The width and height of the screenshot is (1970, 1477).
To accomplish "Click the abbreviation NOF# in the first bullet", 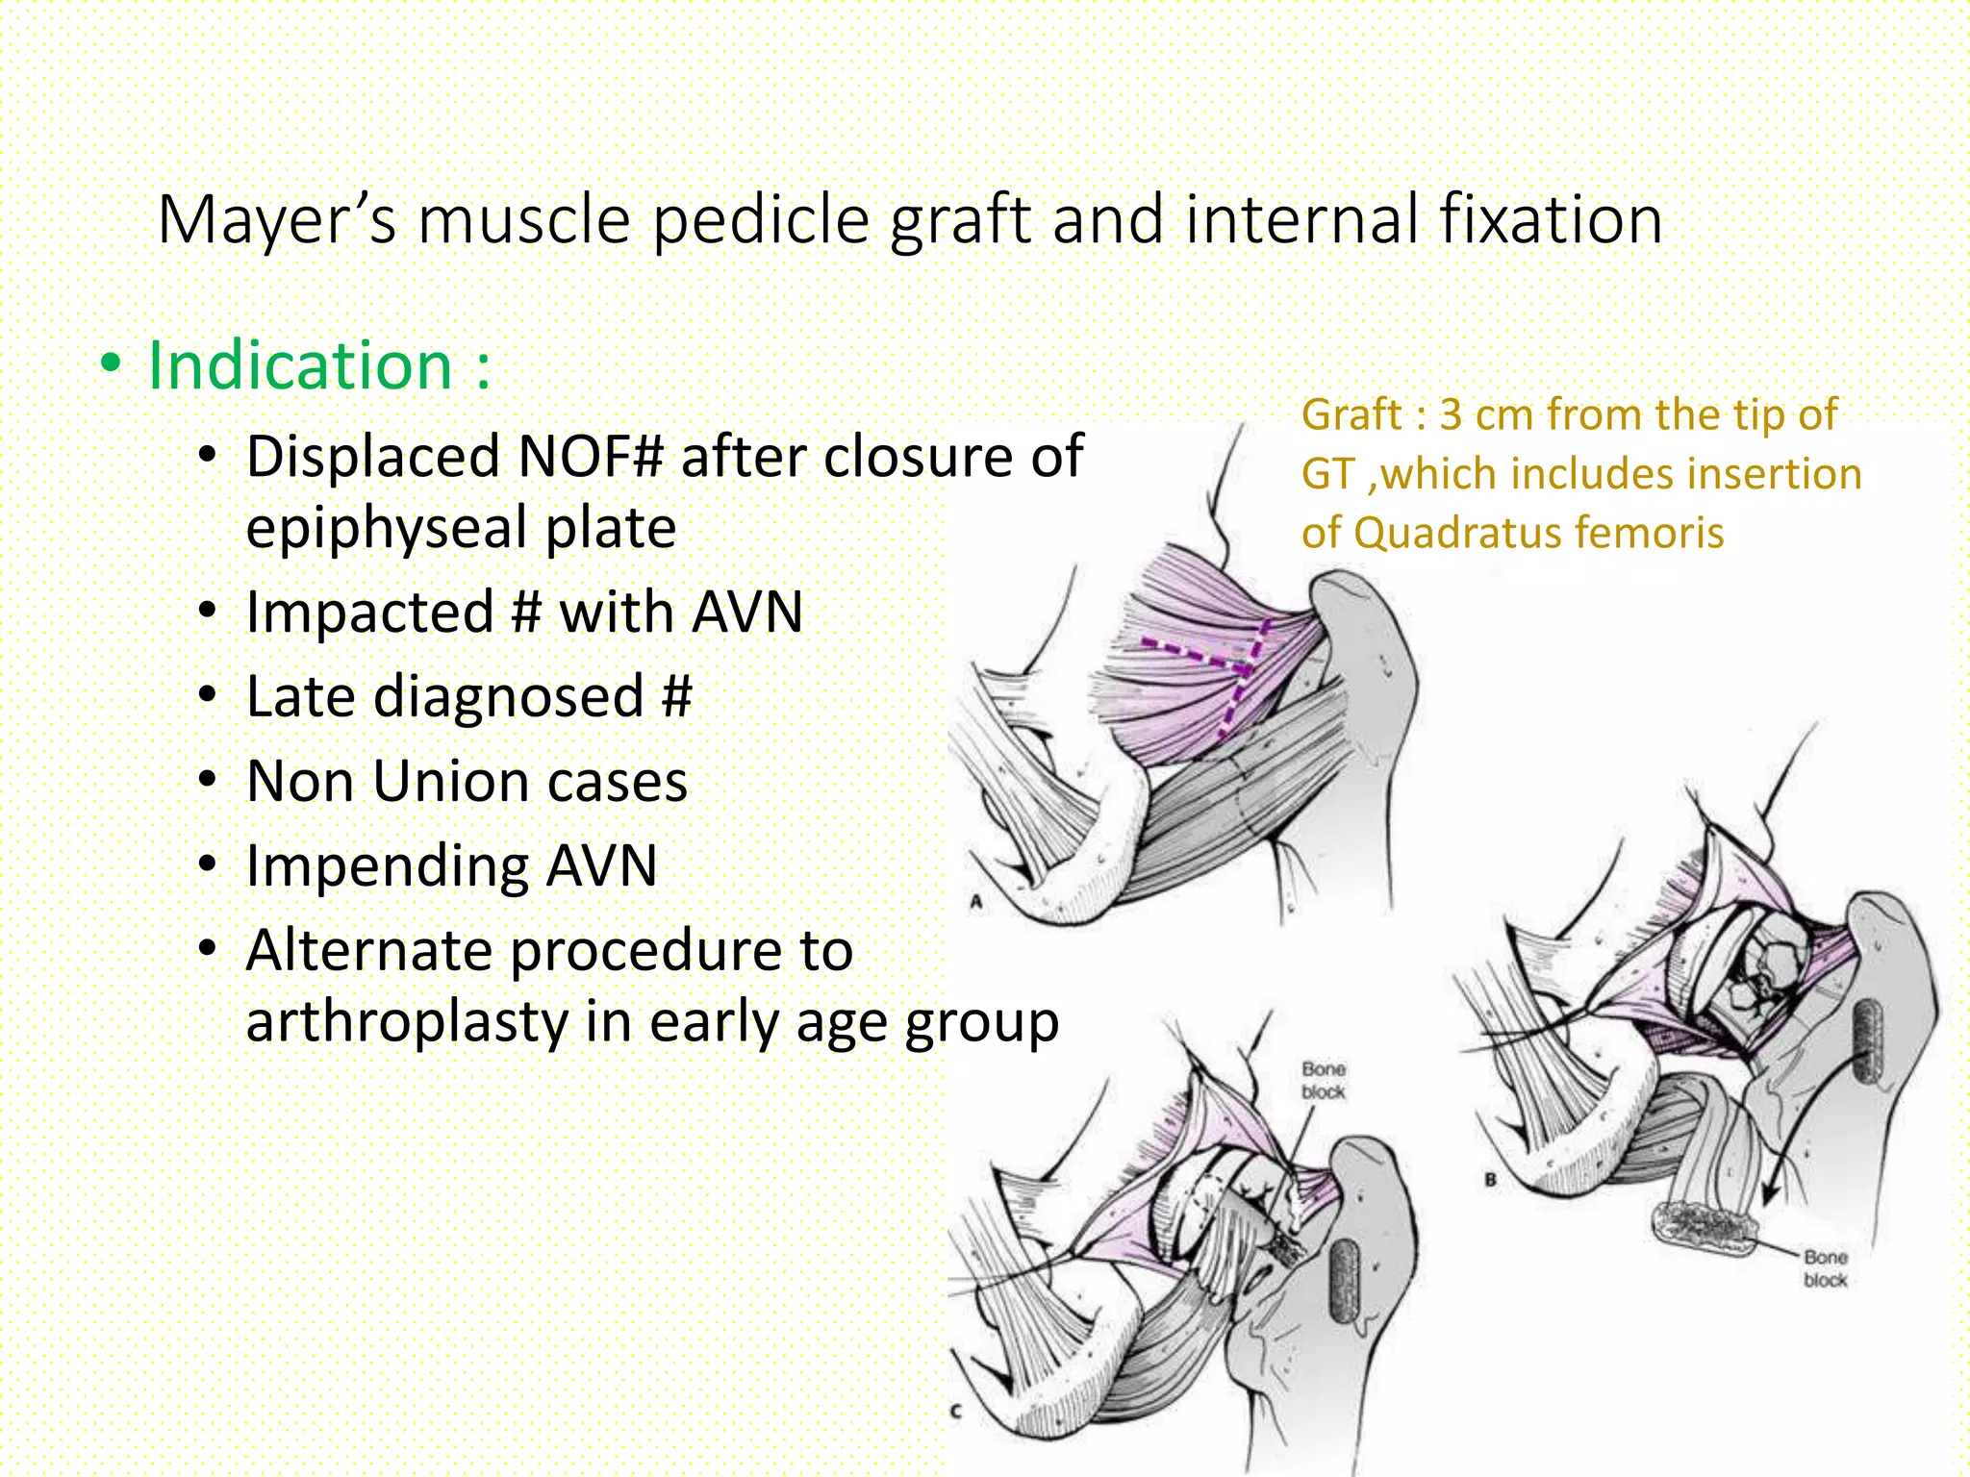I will (x=590, y=456).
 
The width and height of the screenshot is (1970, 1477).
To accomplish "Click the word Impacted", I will (x=368, y=613).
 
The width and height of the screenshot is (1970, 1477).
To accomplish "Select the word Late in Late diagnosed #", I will (x=301, y=696).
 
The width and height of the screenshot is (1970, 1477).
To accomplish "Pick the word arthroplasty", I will (x=406, y=1022).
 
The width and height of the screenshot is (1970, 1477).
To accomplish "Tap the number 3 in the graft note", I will (x=1451, y=414).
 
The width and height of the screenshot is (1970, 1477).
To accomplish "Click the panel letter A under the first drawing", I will (x=975, y=902).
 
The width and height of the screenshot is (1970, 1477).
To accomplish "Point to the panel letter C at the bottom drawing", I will (x=955, y=1412).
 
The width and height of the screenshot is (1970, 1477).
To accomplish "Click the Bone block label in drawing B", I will (x=1825, y=1268).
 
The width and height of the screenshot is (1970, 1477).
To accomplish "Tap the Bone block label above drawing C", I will (x=1323, y=1080).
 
